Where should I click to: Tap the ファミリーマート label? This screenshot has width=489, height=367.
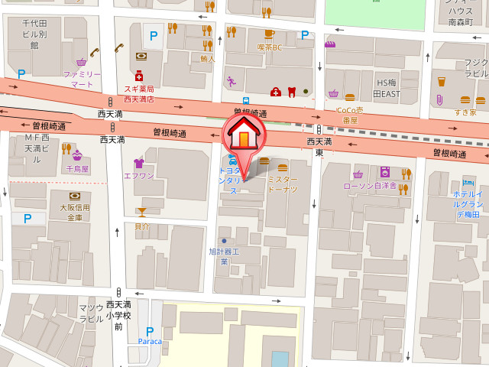tap(82, 79)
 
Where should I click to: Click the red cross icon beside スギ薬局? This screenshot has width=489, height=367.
tap(139, 76)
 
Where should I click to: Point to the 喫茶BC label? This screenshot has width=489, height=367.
tap(269, 47)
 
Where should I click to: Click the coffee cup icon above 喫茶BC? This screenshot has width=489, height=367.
tap(269, 34)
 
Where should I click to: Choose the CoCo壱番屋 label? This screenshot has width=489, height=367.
tap(351, 115)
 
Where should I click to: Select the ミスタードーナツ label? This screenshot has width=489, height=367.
tap(282, 183)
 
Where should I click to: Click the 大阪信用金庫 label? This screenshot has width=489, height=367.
tap(75, 212)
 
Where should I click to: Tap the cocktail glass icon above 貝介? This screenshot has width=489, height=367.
tap(141, 212)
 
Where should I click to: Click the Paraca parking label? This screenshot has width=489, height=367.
tap(151, 341)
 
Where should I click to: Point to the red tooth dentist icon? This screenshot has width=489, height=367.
tap(290, 92)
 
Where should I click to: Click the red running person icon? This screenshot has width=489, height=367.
tap(231, 80)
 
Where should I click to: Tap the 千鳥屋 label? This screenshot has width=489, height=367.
tap(77, 168)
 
